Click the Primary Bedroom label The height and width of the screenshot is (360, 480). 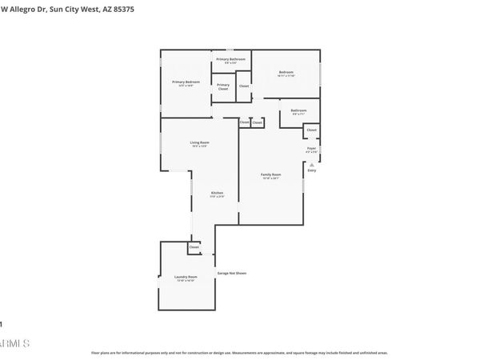click(x=186, y=82)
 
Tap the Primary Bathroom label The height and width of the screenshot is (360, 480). click(x=231, y=60)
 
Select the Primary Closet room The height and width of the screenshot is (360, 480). click(x=223, y=86)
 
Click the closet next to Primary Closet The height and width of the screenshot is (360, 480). click(x=244, y=86)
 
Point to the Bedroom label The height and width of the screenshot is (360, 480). click(x=286, y=74)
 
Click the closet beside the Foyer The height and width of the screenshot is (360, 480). click(x=311, y=130)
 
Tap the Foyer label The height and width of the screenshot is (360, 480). click(x=312, y=150)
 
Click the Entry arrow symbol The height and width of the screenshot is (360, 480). click(x=312, y=164)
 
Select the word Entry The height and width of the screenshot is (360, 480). click(x=312, y=170)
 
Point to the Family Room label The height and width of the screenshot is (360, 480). click(x=271, y=175)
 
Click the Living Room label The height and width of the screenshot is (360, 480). click(x=199, y=144)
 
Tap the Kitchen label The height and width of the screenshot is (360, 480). click(x=217, y=194)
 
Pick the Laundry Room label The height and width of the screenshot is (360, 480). click(x=186, y=278)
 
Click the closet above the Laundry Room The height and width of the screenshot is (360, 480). click(x=194, y=248)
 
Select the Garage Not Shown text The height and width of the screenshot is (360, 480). click(x=231, y=273)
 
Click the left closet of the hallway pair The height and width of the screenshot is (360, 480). click(x=244, y=122)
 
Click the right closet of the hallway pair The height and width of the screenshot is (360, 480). click(x=257, y=122)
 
